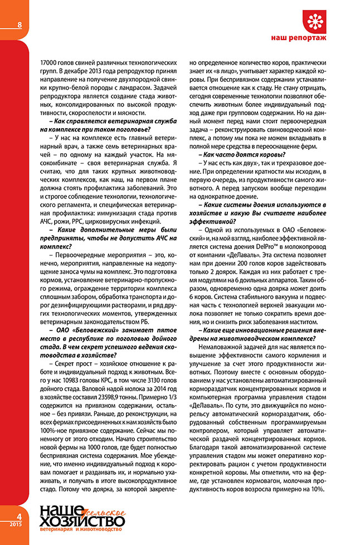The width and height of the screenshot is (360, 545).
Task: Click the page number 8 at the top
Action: [x=20, y=25]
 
